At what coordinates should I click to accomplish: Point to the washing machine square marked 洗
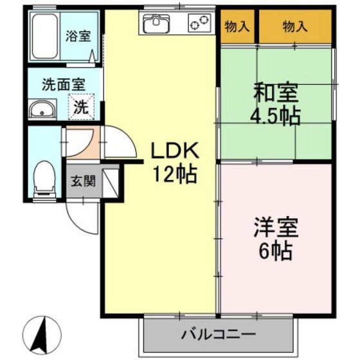(80, 106)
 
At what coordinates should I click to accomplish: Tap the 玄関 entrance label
(82, 181)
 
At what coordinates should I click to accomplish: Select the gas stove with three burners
(199, 24)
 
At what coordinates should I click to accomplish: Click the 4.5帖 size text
(276, 117)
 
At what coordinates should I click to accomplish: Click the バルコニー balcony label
(219, 334)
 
